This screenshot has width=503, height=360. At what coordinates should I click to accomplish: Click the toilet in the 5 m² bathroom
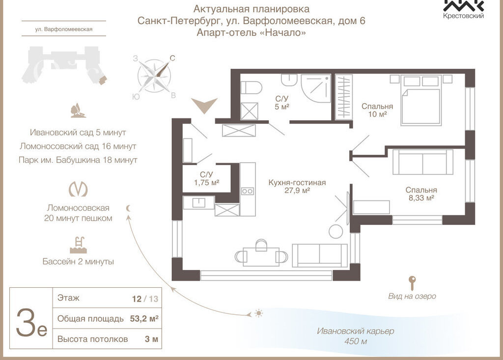pyautogui.click(x=253, y=87)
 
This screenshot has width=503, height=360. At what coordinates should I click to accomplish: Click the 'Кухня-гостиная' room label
pyautogui.click(x=297, y=183)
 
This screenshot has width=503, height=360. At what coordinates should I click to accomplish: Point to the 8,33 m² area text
pyautogui.click(x=421, y=198)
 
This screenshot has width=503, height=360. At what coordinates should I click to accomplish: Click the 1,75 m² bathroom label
pyautogui.click(x=206, y=183)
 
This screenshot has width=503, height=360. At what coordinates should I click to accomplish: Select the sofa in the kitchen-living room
pyautogui.click(x=319, y=254)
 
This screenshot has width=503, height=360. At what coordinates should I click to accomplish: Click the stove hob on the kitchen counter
pyautogui.click(x=247, y=192)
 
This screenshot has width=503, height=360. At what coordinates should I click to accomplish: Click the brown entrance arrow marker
pyautogui.click(x=204, y=105)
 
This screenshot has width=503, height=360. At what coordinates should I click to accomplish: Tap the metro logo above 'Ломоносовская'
pyautogui.click(x=78, y=190)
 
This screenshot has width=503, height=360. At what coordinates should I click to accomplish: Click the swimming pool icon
pyautogui.click(x=78, y=244)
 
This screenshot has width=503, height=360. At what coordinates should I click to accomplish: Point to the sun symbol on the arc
pyautogui.click(x=258, y=313)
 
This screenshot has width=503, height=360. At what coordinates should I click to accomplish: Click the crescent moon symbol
pyautogui.click(x=129, y=208)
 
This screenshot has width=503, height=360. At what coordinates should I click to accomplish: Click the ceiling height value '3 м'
pyautogui.click(x=152, y=339)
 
